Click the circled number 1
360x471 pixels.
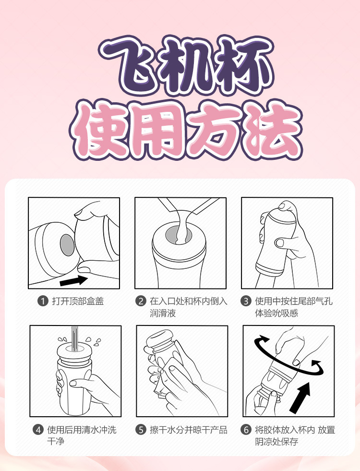43,301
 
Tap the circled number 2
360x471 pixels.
140,301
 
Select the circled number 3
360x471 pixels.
246,301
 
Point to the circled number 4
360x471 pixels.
38,430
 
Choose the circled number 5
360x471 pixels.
140,430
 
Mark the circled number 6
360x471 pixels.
246,430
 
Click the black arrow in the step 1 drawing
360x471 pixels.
73,281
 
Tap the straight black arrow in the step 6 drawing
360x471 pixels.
300,398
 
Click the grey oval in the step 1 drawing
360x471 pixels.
67,245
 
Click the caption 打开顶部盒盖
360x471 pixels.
78,301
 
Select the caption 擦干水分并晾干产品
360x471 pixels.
189,430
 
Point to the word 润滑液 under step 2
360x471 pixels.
163,314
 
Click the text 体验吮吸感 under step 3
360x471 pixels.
276,314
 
